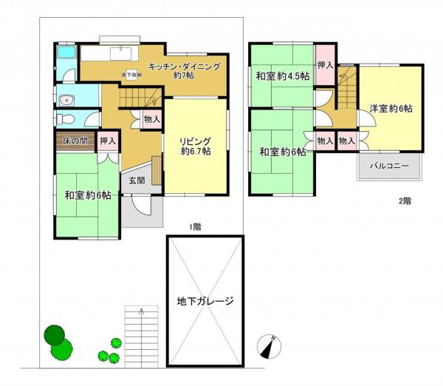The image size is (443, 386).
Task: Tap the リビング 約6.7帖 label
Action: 196,146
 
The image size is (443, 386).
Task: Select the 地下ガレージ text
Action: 205,301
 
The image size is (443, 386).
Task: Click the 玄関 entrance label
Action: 137,180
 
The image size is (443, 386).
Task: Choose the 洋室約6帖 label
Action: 391,108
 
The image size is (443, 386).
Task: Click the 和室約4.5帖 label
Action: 281,75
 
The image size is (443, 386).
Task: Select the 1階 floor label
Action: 195,226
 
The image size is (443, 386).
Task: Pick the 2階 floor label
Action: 405,200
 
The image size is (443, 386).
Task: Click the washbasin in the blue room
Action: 66,99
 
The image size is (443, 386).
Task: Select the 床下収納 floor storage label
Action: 133,75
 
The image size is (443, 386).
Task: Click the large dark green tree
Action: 55,336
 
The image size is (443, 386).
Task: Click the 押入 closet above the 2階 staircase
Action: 325,66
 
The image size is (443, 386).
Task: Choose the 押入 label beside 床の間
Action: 108,140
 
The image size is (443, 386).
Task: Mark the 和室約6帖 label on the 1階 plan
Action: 87,195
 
